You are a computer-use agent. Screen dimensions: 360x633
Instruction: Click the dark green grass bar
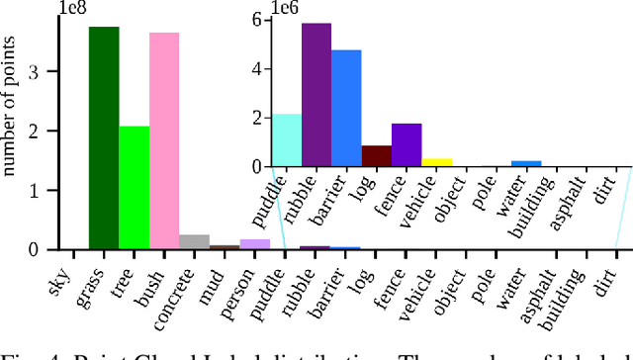pyautogui.click(x=104, y=138)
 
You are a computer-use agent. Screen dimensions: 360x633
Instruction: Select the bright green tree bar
pyautogui.click(x=135, y=188)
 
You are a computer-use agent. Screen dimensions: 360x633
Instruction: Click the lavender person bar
pyautogui.click(x=255, y=244)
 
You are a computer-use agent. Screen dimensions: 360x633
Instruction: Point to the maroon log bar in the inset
pyautogui.click(x=377, y=156)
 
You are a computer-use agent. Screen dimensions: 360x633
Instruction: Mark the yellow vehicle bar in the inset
pyautogui.click(x=436, y=162)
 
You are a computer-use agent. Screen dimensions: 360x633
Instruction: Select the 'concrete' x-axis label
pyautogui.click(x=181, y=285)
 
